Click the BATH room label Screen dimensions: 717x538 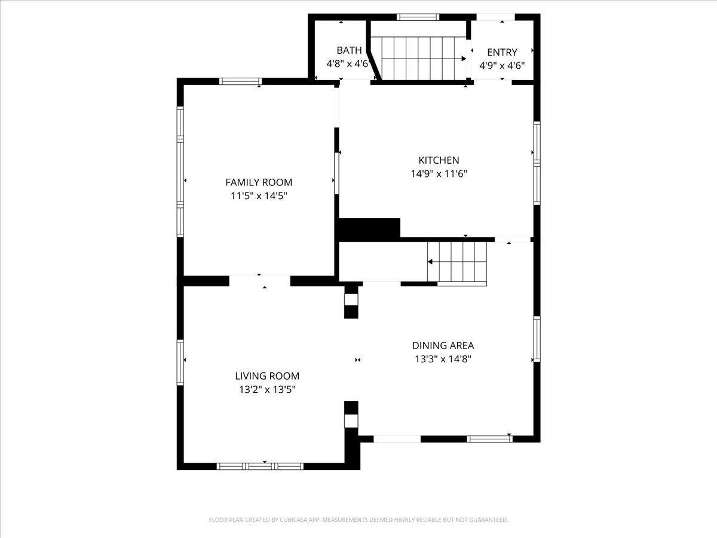349,50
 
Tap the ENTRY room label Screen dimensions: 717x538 502,52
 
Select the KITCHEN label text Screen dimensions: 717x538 439,160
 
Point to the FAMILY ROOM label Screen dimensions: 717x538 259,182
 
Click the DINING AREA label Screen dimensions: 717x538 443,346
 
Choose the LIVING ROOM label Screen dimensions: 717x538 267,376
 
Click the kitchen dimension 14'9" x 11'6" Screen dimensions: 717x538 439,174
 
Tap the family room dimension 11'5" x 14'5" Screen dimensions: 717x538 259,196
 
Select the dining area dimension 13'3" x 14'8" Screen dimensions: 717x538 443,359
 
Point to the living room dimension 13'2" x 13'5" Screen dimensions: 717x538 267,390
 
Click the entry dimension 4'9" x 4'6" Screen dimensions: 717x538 502,66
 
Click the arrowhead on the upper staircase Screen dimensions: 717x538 464,59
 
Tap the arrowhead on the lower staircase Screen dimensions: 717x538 430,262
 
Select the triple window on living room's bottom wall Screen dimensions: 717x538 260,466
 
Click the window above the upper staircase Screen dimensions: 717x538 418,17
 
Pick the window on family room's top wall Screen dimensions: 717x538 240,81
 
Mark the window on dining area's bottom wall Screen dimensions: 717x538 489,439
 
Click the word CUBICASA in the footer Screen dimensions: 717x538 294,519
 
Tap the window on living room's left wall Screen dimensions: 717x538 180,362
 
